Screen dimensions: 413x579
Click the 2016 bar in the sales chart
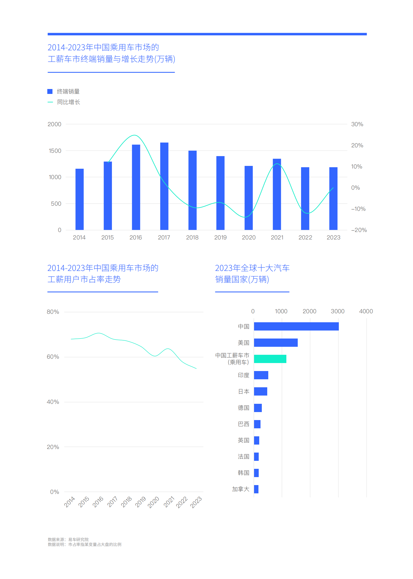coord(136,187)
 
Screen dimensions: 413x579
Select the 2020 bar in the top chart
coord(249,198)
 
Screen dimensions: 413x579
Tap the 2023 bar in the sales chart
coord(333,198)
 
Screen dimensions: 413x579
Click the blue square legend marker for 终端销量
coord(50,91)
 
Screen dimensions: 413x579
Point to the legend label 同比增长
coord(68,102)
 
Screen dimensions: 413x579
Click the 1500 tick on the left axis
coord(55,151)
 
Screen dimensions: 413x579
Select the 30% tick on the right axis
coord(357,124)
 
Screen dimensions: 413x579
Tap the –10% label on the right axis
coord(358,209)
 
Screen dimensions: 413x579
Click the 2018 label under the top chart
coord(192,237)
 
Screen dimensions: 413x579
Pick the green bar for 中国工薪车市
coord(270,359)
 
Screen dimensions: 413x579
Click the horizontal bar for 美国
coord(276,343)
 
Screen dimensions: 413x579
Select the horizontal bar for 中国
coord(296,326)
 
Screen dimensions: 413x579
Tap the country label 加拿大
coord(241,489)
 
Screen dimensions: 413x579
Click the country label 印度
coord(243,375)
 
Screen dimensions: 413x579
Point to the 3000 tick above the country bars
coord(338,311)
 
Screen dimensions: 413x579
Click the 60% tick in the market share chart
coord(53,357)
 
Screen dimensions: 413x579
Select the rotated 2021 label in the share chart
coord(169,502)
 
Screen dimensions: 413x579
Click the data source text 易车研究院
coord(78,540)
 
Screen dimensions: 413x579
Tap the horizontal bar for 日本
coord(261,391)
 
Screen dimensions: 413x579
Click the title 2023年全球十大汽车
coord(252,268)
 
